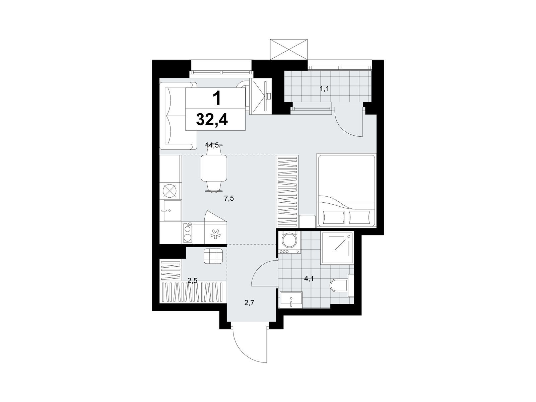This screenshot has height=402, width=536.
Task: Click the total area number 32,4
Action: tap(212, 120)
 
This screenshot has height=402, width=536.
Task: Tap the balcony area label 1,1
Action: tap(325, 88)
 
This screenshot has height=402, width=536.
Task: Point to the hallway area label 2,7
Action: tap(249, 303)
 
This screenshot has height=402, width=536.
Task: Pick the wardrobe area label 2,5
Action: tap(192, 281)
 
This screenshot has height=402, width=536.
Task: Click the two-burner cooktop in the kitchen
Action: tap(188, 232)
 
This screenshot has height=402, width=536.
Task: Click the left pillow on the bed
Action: tap(334, 217)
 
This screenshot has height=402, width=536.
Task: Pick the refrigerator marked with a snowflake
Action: tap(215, 233)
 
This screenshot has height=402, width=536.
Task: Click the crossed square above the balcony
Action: tap(288, 49)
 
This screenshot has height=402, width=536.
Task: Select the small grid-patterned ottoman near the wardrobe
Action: tap(213, 256)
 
